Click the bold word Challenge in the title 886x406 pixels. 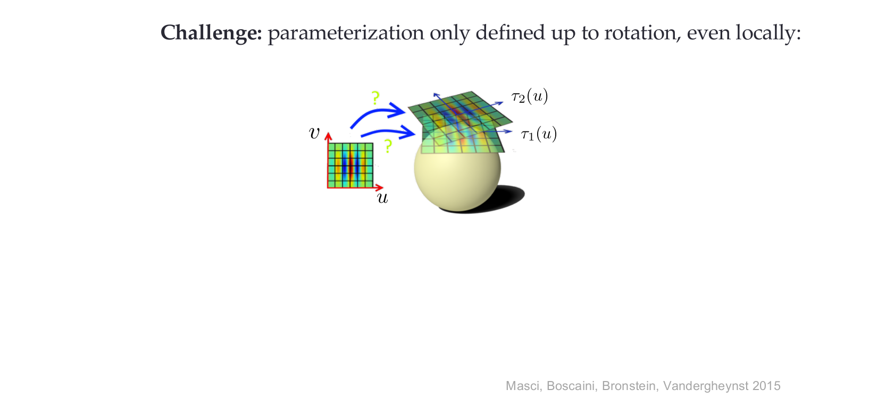211,33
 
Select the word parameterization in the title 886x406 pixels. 346,33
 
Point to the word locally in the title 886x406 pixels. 768,33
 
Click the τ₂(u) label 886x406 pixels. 530,96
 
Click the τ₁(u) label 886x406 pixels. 539,134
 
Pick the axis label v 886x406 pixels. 314,134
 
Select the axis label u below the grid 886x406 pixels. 382,198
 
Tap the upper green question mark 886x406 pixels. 375,97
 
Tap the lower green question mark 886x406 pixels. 388,146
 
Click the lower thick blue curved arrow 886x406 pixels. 388,131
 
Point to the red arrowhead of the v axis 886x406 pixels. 328,136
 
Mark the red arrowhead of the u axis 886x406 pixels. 379,187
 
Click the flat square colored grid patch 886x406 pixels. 350,165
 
